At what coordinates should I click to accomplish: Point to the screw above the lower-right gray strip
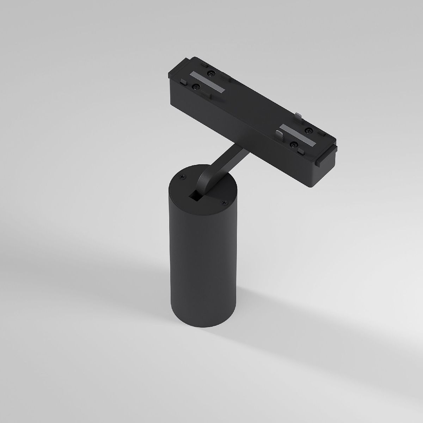(309, 131)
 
